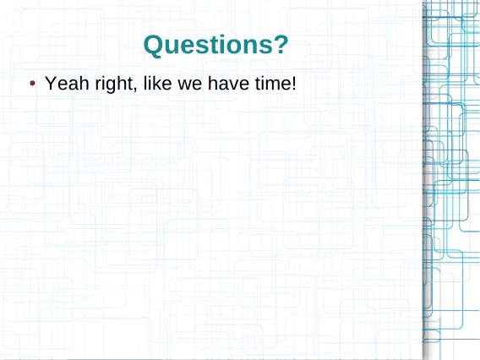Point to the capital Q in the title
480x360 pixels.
[154, 46]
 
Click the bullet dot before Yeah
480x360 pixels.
[32, 84]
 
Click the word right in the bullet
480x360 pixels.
[114, 84]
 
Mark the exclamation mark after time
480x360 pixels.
[293, 83]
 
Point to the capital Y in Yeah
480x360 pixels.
[51, 83]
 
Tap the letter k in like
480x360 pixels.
[155, 83]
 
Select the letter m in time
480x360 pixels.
[271, 85]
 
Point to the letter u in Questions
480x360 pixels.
[173, 47]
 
